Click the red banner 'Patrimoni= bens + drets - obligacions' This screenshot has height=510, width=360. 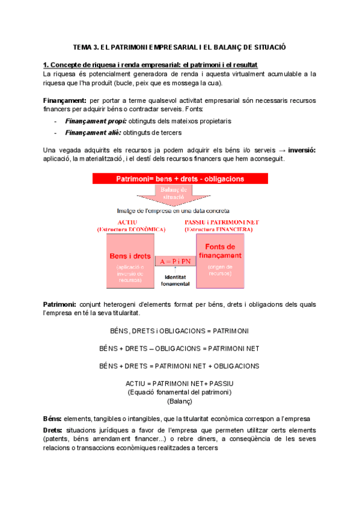pos(179,179)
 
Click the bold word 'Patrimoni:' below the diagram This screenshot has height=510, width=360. pos(59,305)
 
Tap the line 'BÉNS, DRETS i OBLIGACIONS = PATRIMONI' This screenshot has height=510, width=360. pos(179,331)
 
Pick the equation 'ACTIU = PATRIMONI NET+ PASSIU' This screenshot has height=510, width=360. pos(179,383)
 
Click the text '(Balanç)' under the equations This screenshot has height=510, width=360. pos(179,401)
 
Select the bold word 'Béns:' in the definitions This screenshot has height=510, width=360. pos(53,418)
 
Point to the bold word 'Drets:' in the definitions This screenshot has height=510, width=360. pos(53,431)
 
